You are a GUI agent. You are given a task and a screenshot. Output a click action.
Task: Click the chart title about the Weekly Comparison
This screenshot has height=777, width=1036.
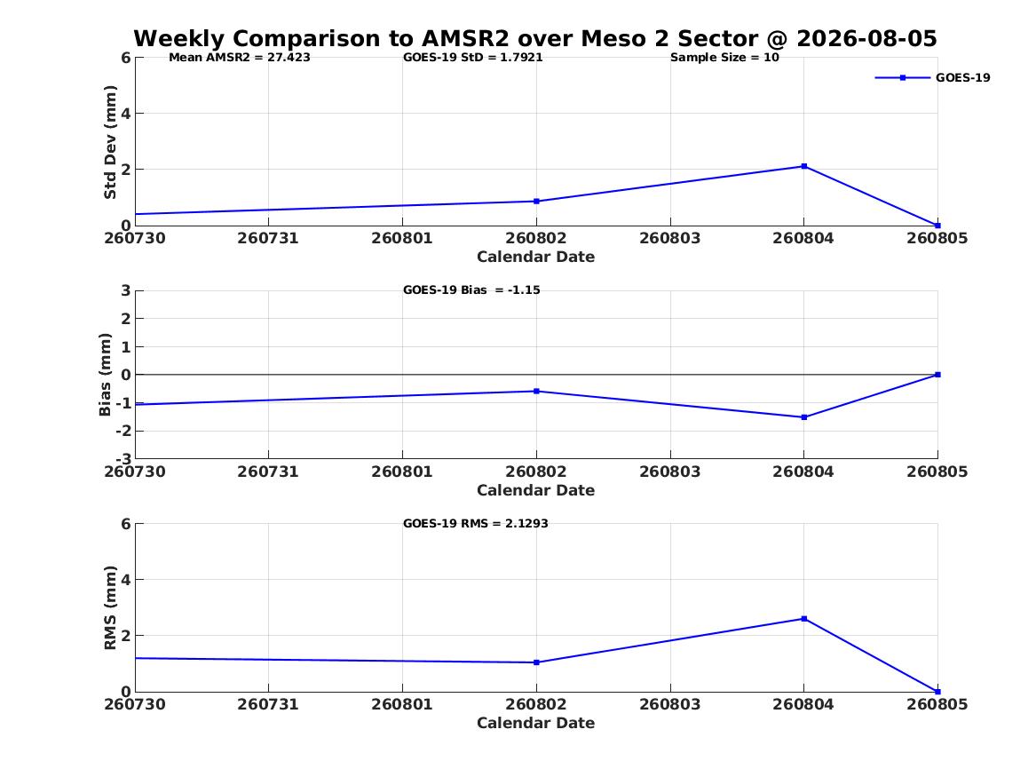click(535, 38)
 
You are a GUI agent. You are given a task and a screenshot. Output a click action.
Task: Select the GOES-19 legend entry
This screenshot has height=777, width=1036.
click(932, 77)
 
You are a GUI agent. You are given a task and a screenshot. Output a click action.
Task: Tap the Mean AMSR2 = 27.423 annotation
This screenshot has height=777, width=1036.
click(239, 58)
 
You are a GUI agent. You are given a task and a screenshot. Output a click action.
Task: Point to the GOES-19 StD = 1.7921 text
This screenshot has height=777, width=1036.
click(473, 58)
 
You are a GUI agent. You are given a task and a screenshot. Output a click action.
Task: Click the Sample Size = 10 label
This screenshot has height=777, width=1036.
click(724, 58)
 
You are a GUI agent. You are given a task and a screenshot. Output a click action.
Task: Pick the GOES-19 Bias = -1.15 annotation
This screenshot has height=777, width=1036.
click(471, 290)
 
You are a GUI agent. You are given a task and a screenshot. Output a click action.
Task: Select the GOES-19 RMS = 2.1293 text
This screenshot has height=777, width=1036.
click(476, 523)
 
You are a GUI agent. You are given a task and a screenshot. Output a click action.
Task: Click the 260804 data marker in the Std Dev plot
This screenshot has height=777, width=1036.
click(804, 167)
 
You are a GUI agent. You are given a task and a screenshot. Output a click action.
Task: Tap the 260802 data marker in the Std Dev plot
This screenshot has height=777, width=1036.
click(536, 201)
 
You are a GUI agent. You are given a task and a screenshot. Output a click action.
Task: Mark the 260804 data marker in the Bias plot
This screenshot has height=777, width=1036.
click(804, 417)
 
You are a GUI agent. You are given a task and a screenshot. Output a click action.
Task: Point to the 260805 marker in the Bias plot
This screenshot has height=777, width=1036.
click(937, 375)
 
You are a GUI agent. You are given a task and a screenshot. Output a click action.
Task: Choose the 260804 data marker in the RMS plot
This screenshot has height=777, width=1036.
click(804, 619)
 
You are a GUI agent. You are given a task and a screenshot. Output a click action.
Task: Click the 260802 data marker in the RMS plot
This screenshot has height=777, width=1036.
click(536, 662)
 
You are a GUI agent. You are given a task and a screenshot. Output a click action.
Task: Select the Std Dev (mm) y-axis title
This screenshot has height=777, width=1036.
click(110, 142)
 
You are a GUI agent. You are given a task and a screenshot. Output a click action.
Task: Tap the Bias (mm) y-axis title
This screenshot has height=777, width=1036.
click(105, 375)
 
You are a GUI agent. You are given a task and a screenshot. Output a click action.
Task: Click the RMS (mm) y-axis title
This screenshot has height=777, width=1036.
click(110, 608)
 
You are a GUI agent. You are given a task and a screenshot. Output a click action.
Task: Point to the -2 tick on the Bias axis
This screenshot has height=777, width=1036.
click(124, 431)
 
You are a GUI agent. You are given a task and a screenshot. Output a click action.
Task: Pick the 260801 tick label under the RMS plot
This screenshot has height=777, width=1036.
click(402, 704)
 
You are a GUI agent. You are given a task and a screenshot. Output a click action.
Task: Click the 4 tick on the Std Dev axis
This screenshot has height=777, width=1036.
click(125, 114)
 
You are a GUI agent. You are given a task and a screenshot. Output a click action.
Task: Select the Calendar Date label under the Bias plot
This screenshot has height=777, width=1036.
click(536, 490)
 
